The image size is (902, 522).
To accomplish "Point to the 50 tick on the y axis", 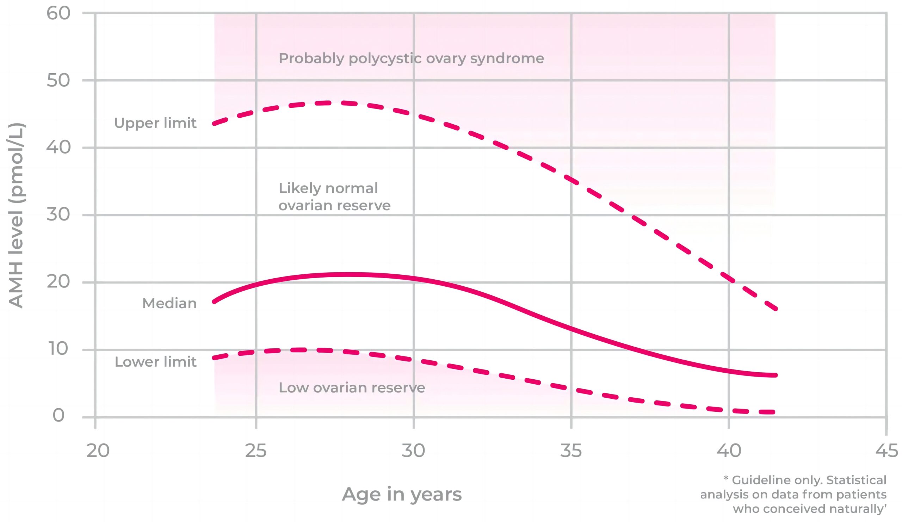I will tap(58, 80).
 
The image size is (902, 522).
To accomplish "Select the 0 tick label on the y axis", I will tap(58, 416).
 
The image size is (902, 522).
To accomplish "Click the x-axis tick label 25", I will tap(256, 451).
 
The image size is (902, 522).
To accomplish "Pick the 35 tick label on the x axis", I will tap(571, 451).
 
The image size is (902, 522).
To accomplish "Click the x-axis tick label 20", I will tap(98, 451).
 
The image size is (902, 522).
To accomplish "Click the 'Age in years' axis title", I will tap(402, 494).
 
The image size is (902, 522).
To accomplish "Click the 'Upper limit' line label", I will tap(155, 123).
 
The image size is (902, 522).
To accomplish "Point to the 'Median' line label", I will tap(169, 303).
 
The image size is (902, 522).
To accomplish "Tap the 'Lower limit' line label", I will tap(155, 362).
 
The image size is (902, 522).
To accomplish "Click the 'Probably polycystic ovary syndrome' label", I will tap(411, 58).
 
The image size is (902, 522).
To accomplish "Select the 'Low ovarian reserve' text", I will tap(352, 387).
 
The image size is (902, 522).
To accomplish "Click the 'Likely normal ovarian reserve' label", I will tap(334, 197).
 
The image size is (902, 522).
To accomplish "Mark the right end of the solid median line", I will tap(775, 375).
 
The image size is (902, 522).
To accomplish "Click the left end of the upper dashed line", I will tap(214, 124).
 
